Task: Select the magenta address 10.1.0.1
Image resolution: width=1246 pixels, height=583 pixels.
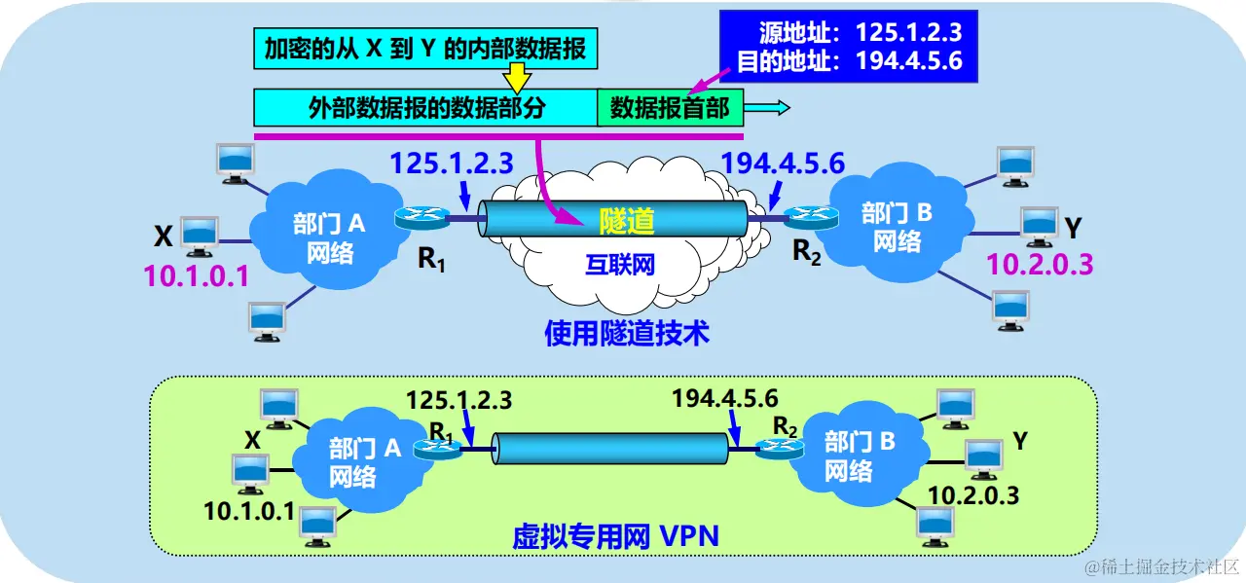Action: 197,277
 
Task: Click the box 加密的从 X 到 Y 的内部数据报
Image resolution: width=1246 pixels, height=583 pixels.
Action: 424,49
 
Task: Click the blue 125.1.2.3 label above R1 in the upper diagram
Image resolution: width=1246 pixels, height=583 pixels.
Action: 452,162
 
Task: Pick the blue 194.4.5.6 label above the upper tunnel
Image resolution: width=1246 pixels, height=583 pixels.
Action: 782,162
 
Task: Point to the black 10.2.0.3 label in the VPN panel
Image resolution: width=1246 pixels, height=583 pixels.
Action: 972,494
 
